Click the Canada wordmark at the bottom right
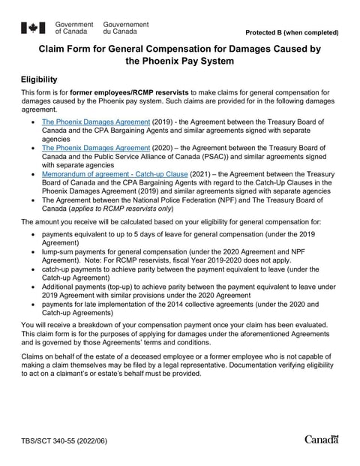pyautogui.click(x=322, y=439)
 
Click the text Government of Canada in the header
pyautogui.click(x=74, y=29)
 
